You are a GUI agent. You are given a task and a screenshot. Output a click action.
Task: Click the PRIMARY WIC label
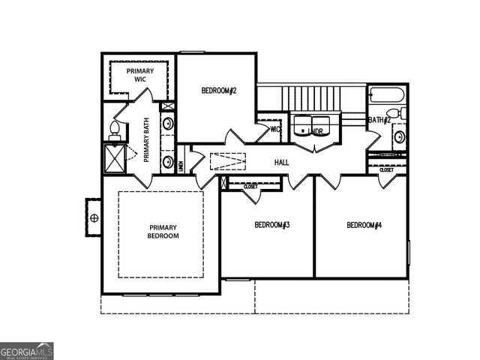tap(139, 75)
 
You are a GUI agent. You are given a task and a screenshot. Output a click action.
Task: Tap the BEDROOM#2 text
tap(219, 91)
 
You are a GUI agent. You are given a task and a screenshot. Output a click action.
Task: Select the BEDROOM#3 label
tap(271, 225)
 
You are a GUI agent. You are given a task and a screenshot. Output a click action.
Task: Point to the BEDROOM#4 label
tap(364, 225)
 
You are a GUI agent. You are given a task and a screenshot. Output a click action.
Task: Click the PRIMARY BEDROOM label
tap(163, 232)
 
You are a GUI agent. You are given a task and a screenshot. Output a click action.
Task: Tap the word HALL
tap(282, 162)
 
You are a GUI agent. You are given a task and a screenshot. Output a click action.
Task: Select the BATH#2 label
tap(379, 120)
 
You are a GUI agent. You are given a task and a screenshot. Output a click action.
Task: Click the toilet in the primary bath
tap(115, 130)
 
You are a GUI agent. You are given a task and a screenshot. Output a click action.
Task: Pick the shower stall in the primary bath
tap(115, 157)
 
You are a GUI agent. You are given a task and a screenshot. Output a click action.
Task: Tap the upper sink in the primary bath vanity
tap(169, 123)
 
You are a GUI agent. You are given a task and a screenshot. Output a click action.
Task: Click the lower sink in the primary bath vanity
tap(169, 160)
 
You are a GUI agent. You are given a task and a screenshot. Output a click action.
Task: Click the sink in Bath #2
tap(400, 137)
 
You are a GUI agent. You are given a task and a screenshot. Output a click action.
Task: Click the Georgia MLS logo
tap(27, 350)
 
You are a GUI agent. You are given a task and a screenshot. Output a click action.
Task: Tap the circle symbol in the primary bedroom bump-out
tap(94, 218)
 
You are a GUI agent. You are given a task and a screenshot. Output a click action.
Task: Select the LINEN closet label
tap(181, 165)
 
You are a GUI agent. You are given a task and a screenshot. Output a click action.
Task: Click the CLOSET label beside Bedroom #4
tap(386, 170)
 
